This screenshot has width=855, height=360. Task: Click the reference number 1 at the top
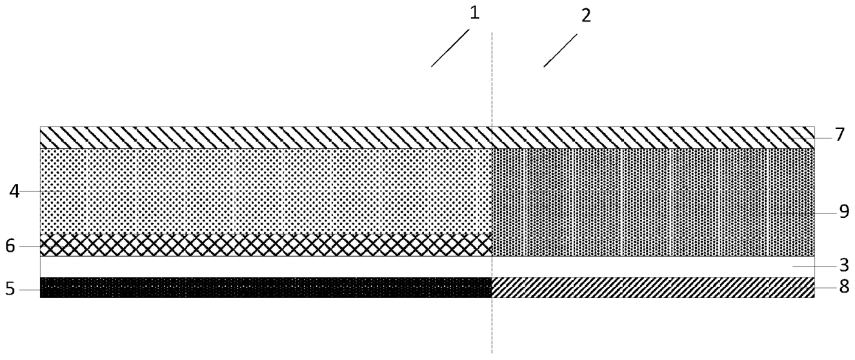pyautogui.click(x=474, y=13)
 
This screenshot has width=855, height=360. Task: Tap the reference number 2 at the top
pyautogui.click(x=585, y=16)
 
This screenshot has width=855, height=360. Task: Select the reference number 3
pyautogui.click(x=843, y=264)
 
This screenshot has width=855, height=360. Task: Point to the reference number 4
pyautogui.click(x=14, y=190)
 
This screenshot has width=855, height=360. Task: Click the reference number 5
pyautogui.click(x=10, y=290)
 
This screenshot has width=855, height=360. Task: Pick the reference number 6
pyautogui.click(x=10, y=246)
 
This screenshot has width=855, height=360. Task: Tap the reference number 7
pyautogui.click(x=839, y=134)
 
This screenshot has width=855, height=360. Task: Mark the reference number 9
pyautogui.click(x=843, y=213)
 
